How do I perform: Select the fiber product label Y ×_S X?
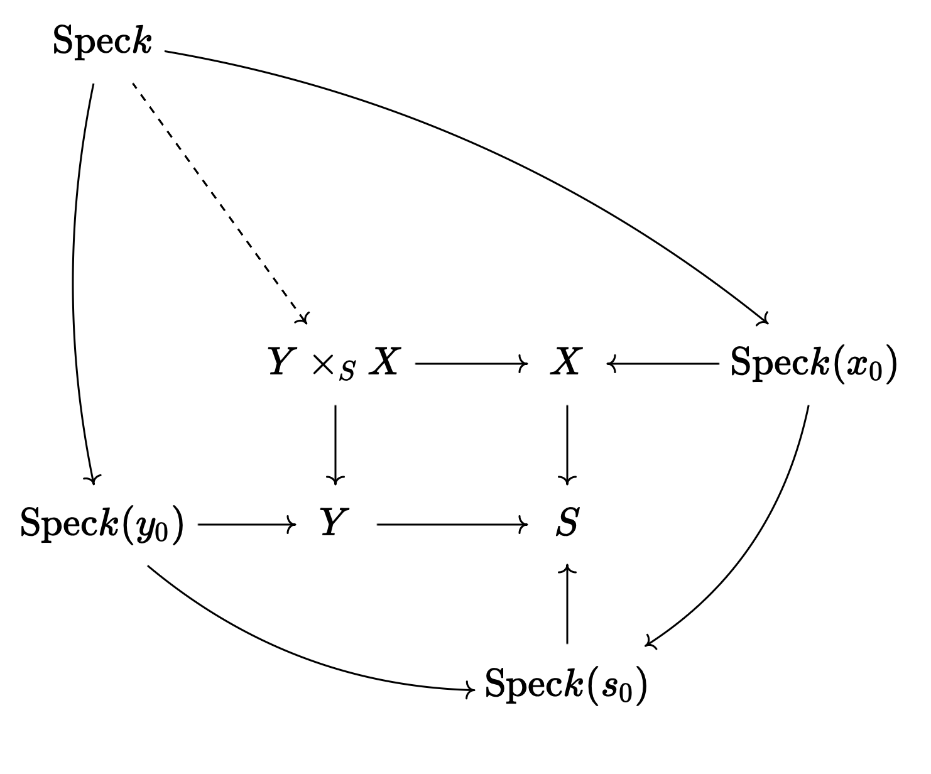(334, 364)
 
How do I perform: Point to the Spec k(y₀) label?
(102, 524)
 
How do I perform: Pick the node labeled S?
(567, 523)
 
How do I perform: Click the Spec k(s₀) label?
(565, 684)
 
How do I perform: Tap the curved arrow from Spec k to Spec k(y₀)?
(75, 283)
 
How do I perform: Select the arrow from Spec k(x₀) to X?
(663, 363)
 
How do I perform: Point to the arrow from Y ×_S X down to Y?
(335, 444)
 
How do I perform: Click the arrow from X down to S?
(567, 444)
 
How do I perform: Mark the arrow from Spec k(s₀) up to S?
(567, 603)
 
